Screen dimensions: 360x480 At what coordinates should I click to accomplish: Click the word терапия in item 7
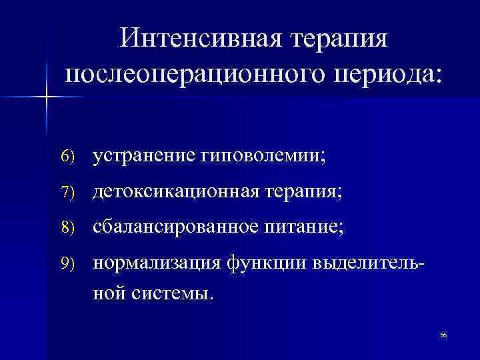pos(301,192)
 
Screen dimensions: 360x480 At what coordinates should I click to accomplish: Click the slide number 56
pos(443,335)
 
